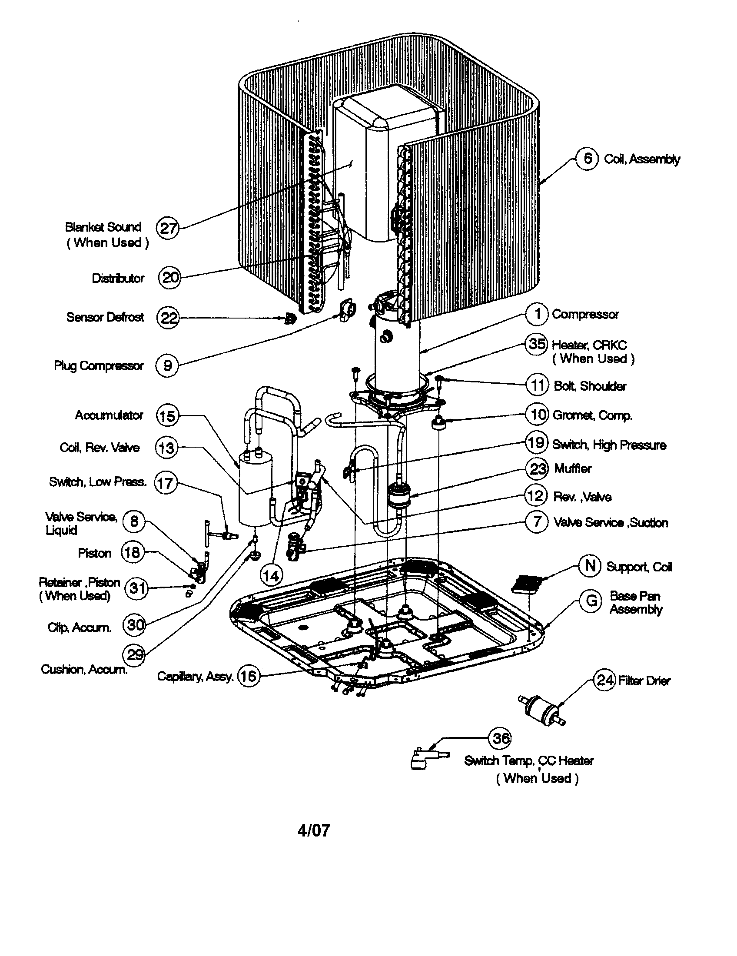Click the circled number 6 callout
point(587,159)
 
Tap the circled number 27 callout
point(168,228)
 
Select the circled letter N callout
point(590,565)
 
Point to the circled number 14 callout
point(271,576)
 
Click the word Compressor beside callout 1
point(585,314)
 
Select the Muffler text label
point(572,469)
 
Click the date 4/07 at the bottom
point(314,830)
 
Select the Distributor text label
point(118,279)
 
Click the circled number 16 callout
point(248,676)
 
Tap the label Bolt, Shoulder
point(590,386)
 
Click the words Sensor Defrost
point(105,317)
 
